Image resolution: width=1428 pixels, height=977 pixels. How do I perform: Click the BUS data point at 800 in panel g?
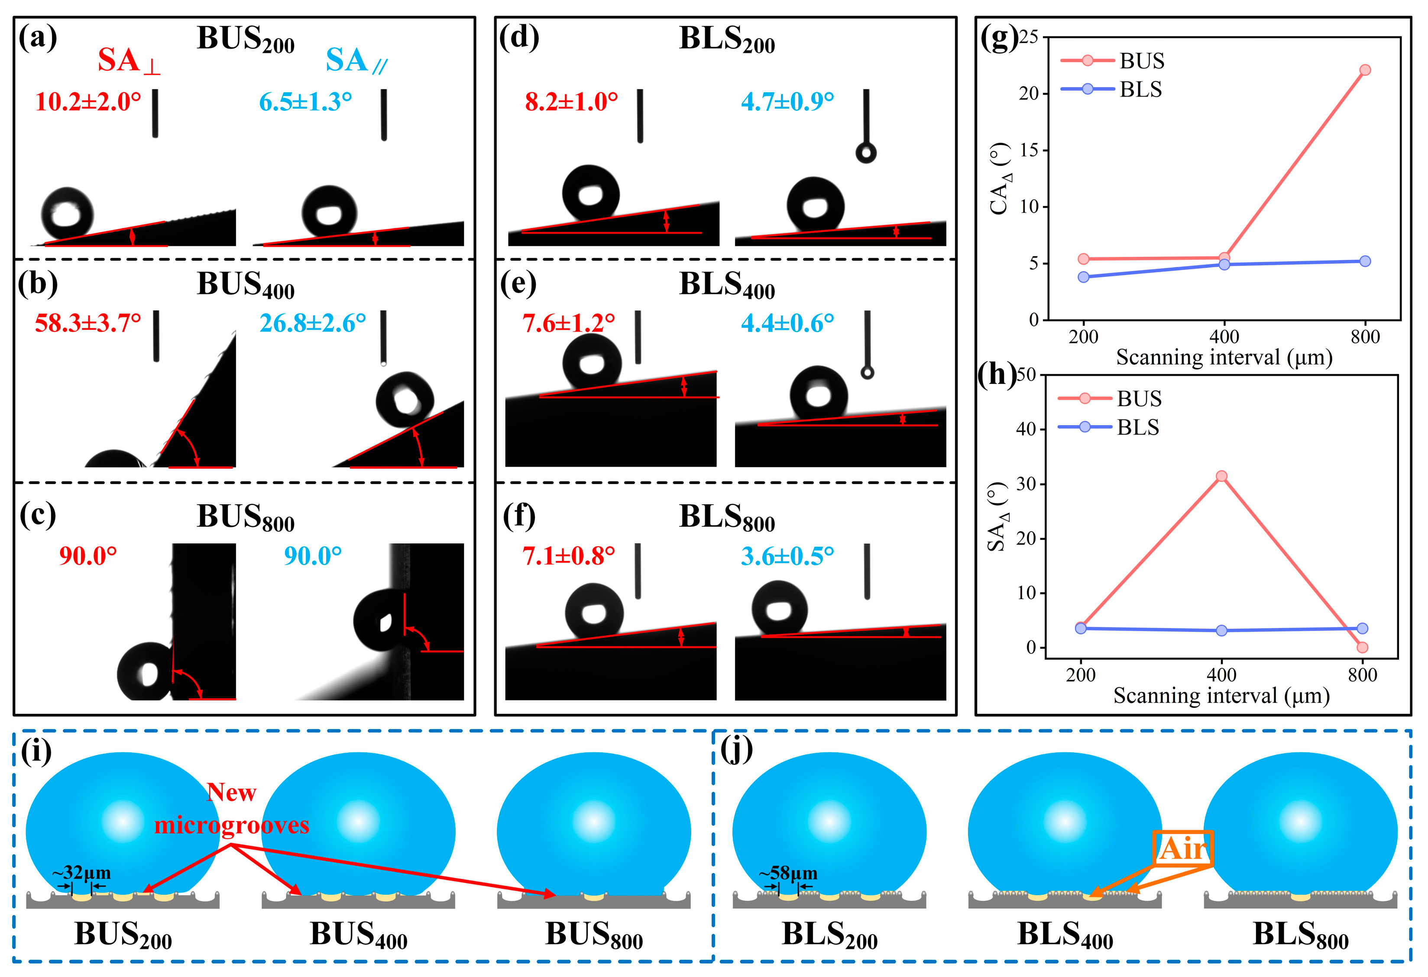click(x=1365, y=70)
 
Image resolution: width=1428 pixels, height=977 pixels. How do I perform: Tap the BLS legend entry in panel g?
click(x=1140, y=90)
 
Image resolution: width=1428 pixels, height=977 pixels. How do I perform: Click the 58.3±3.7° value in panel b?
click(x=88, y=323)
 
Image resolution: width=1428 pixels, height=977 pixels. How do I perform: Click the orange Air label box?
click(x=1183, y=849)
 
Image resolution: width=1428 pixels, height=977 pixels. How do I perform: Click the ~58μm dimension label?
click(x=788, y=873)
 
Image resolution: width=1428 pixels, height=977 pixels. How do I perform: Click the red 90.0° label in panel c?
click(x=88, y=556)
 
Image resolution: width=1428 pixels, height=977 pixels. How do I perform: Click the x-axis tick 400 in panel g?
click(x=1224, y=336)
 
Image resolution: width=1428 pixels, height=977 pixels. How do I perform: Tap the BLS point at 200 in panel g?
click(x=1083, y=277)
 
